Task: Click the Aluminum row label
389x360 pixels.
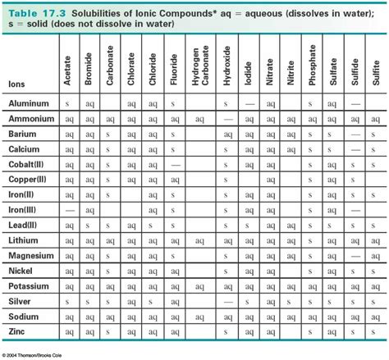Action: tap(29, 105)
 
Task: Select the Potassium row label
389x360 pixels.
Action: tap(30, 286)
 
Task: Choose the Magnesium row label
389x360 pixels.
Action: tap(32, 256)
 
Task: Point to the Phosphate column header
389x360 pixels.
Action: tap(313, 65)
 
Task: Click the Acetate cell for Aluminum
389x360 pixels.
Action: tap(68, 105)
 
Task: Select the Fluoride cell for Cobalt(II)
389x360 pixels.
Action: tap(175, 165)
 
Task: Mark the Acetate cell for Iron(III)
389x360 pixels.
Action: tap(68, 211)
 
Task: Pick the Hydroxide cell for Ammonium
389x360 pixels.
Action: tap(227, 120)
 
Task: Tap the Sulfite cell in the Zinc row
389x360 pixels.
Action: tap(376, 331)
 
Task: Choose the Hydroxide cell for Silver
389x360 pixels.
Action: tap(227, 301)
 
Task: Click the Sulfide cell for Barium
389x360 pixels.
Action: tap(355, 134)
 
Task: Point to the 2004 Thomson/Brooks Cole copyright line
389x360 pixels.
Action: tap(41, 354)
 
